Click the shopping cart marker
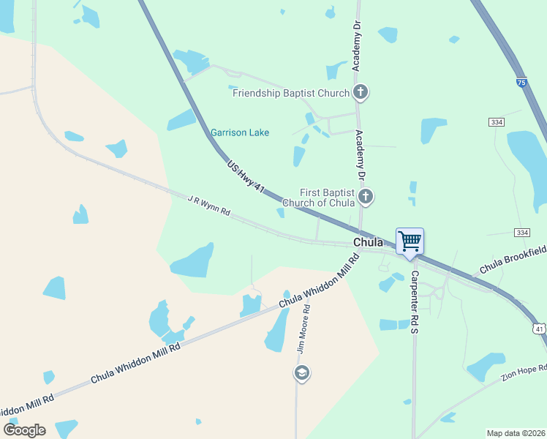tap(410, 241)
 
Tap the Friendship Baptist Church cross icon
tap(360, 93)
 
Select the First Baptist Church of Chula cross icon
tap(366, 196)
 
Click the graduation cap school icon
tap(301, 373)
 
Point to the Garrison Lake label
tap(240, 132)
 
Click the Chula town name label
tap(369, 242)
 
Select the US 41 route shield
tap(538, 330)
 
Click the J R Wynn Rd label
tap(208, 205)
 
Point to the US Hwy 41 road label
tap(246, 176)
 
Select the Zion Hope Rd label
tap(524, 371)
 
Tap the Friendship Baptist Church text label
tap(291, 93)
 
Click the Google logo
tap(24, 429)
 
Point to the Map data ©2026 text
tap(516, 433)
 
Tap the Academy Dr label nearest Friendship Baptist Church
tap(358, 46)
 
